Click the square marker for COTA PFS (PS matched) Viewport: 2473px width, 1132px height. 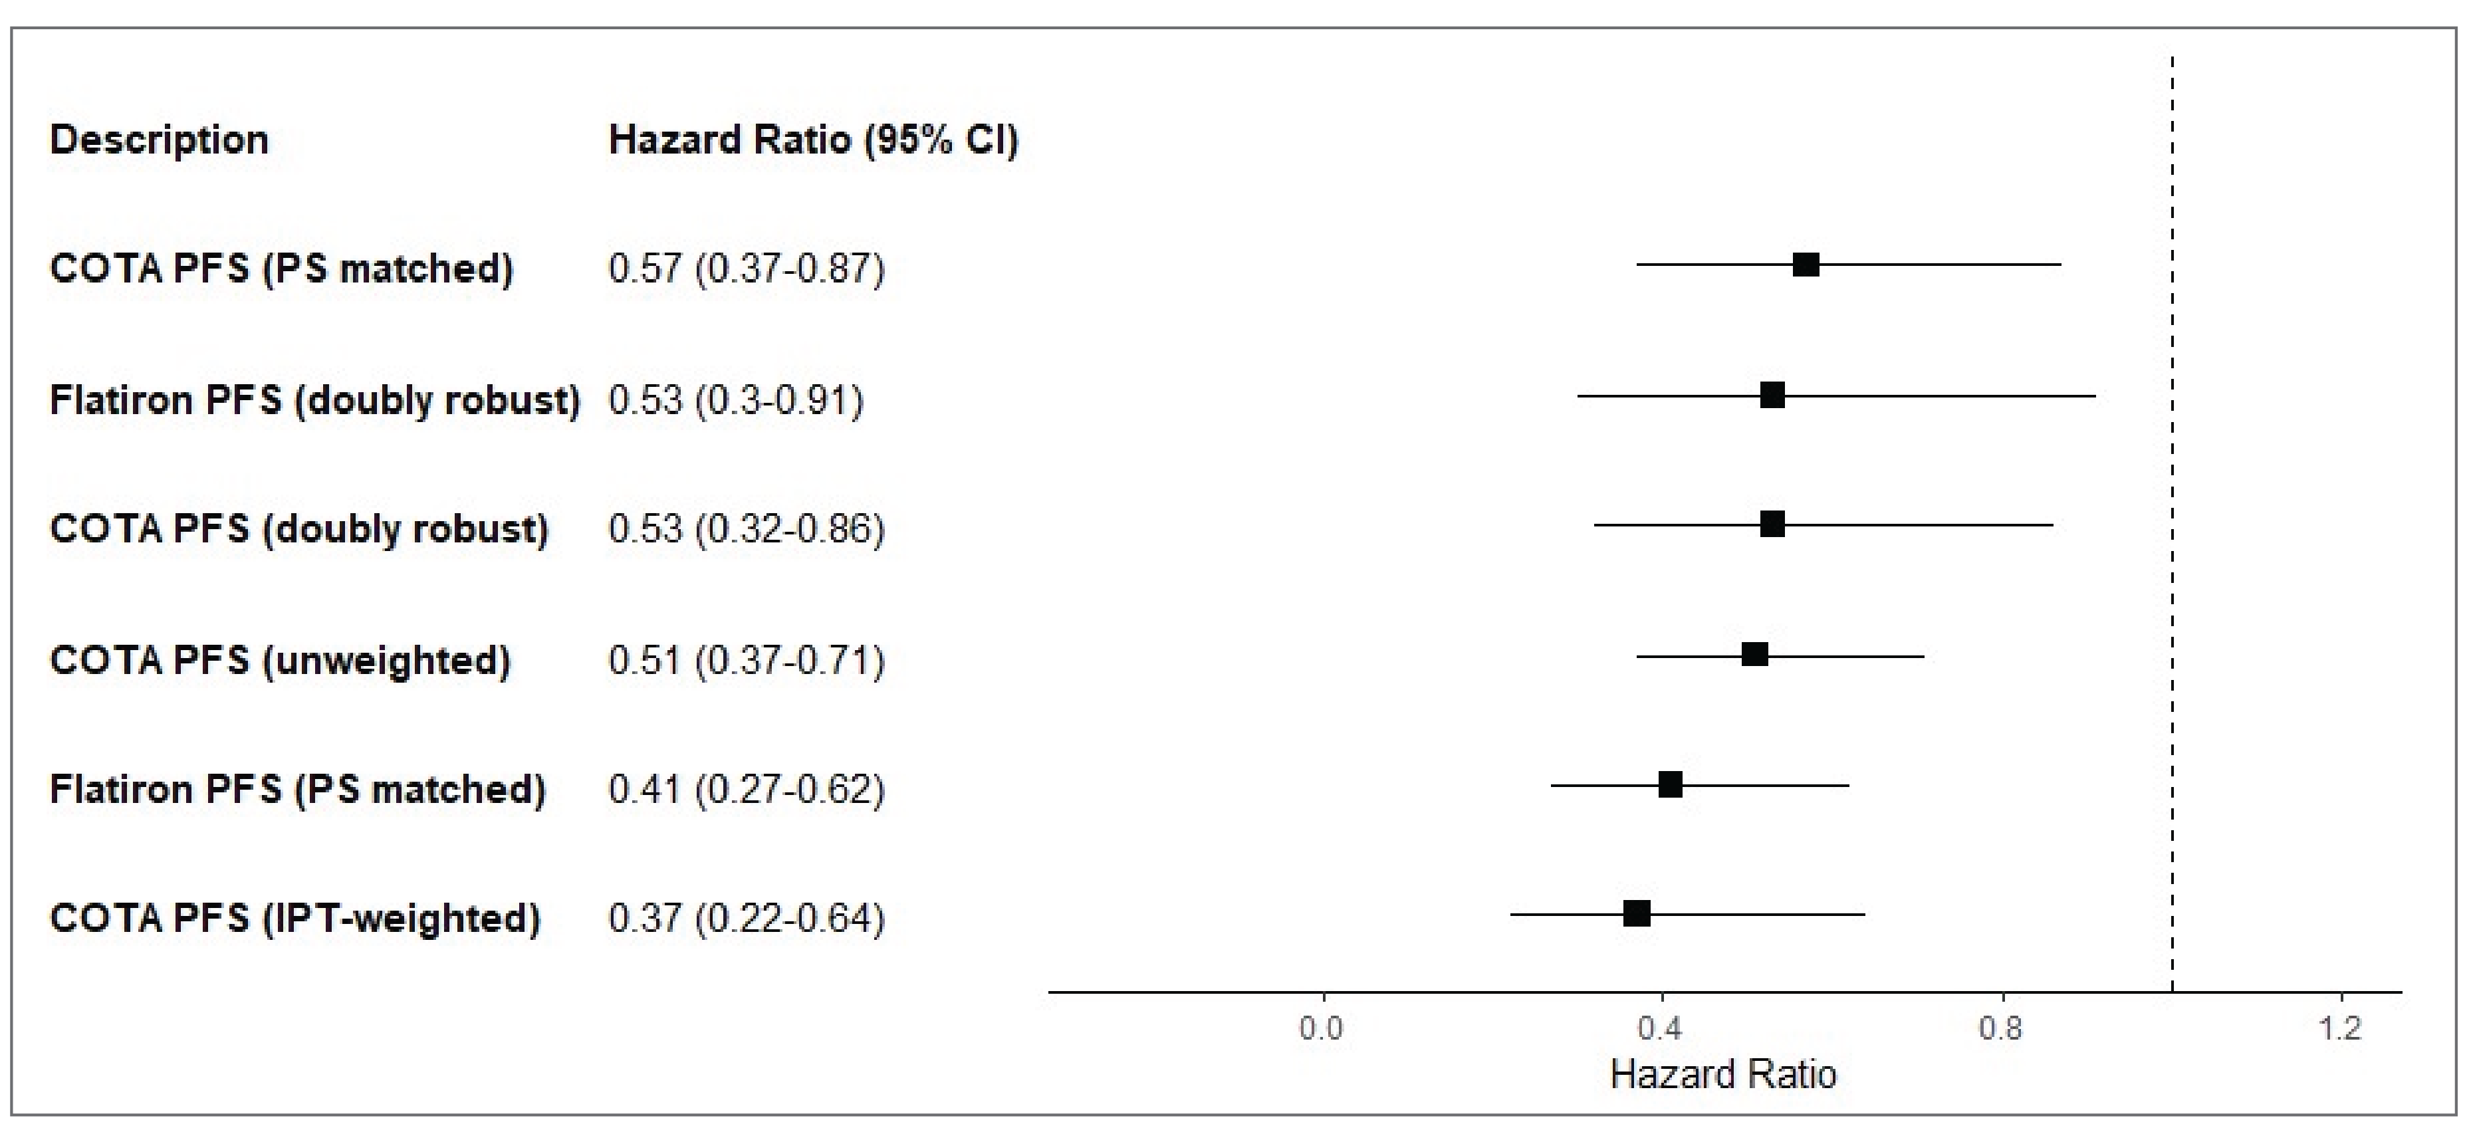[x=1805, y=265]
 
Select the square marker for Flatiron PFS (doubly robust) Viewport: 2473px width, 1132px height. [x=1772, y=395]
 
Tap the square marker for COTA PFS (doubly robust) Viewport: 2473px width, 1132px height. [x=1772, y=524]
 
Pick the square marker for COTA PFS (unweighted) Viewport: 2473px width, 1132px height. [x=1755, y=655]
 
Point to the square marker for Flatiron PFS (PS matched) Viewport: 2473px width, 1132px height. [x=1671, y=784]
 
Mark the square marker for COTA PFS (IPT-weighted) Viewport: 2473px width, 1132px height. [x=1637, y=913]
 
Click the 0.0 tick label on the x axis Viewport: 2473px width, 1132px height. [x=1322, y=1029]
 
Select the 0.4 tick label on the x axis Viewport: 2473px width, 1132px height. [x=1661, y=1029]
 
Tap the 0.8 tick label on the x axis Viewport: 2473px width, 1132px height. [x=2001, y=1029]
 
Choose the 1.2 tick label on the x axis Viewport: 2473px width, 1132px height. [x=2341, y=1029]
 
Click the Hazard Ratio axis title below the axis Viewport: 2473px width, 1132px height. [x=1723, y=1074]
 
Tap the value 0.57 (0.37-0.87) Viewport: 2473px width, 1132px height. [x=746, y=268]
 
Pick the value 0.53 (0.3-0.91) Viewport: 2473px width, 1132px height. [x=735, y=399]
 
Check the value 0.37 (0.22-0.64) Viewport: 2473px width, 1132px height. [x=746, y=918]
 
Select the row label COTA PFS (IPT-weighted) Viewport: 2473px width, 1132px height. [x=294, y=918]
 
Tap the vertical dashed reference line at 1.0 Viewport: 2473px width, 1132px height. [x=2173, y=576]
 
